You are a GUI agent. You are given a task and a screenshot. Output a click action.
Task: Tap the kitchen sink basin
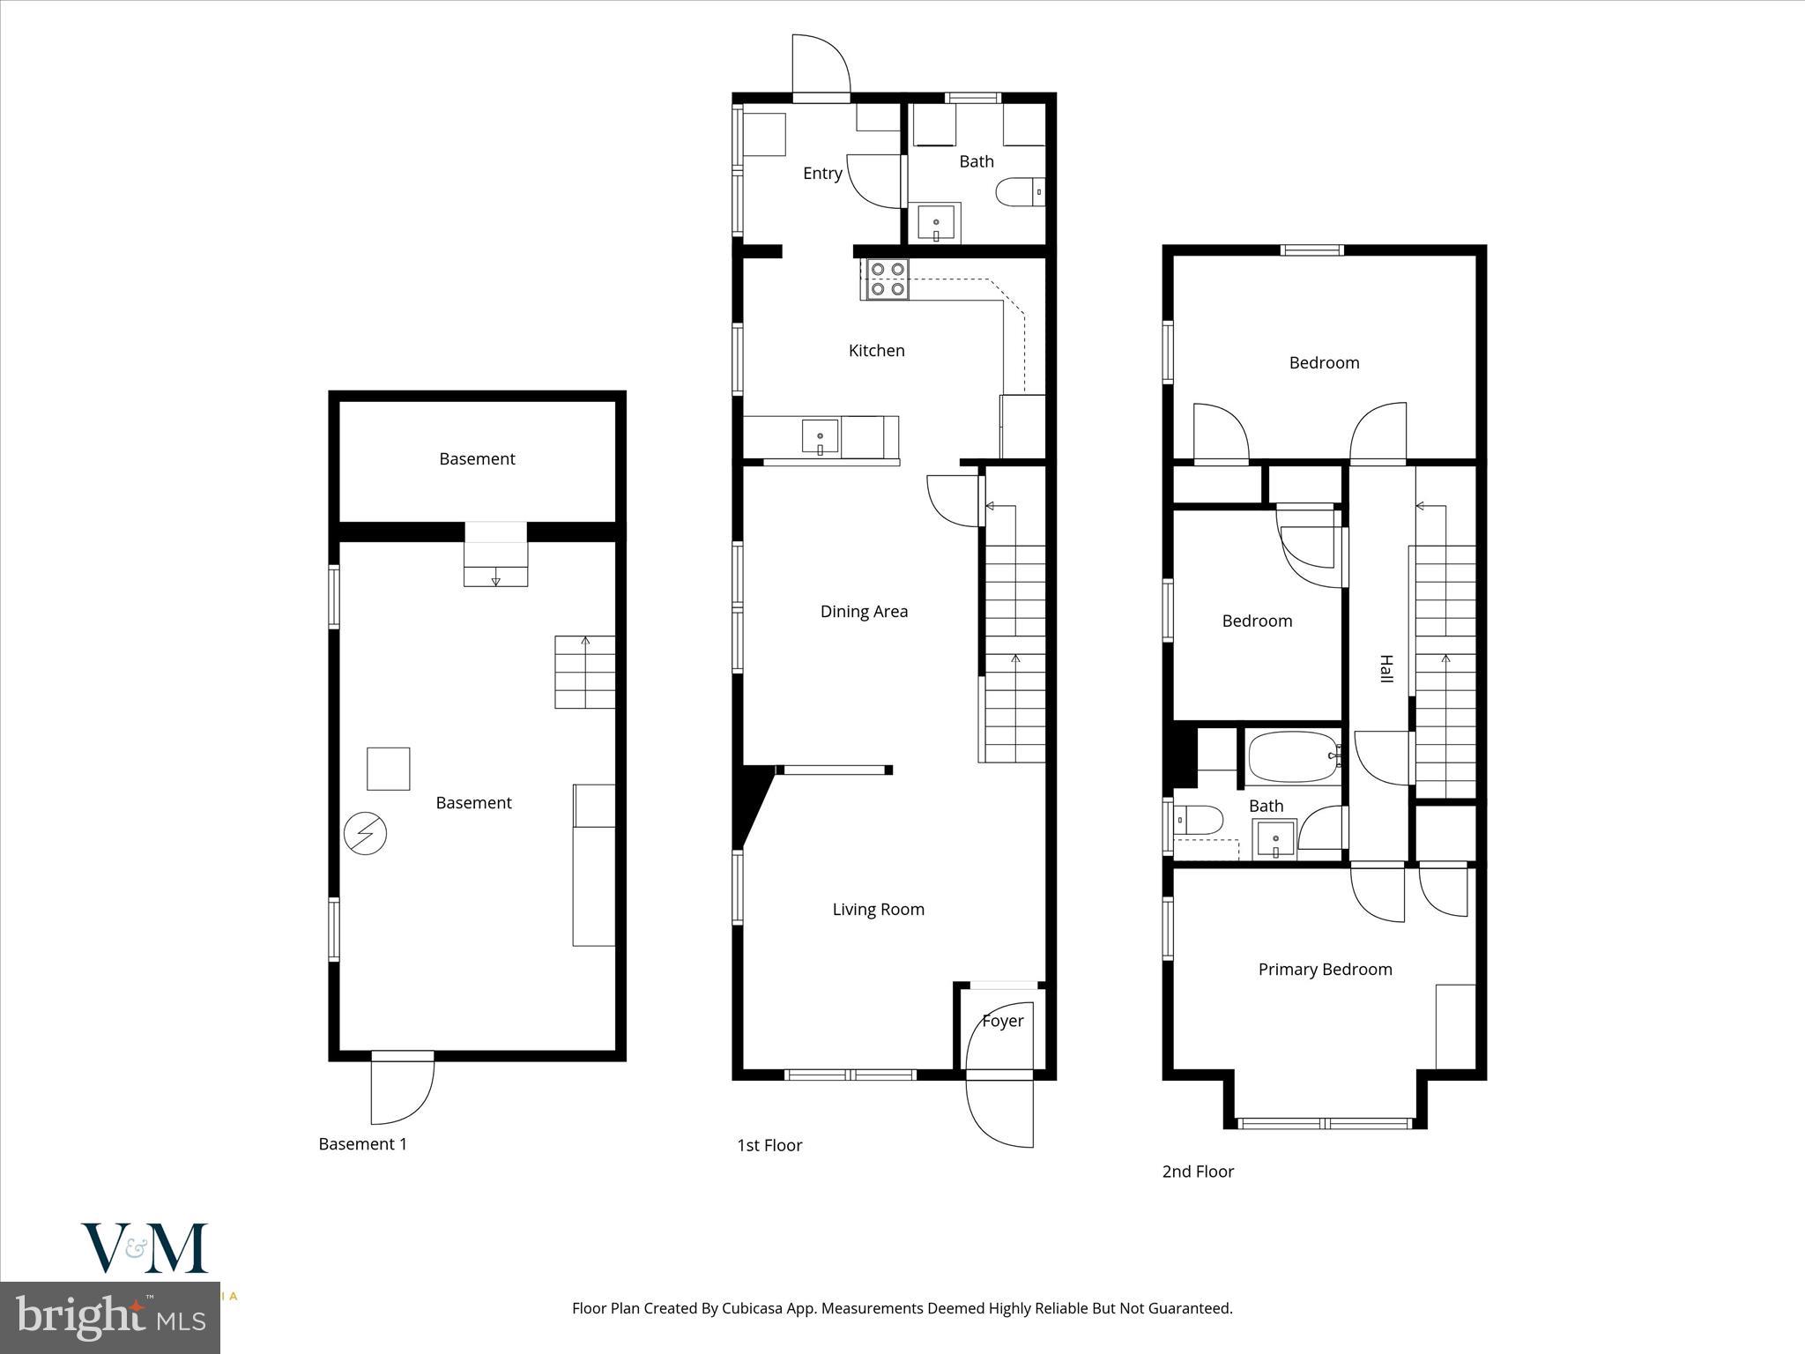[820, 437]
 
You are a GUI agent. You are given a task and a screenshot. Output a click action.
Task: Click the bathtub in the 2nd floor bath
[1293, 756]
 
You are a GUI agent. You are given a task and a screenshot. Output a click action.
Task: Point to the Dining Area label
[864, 612]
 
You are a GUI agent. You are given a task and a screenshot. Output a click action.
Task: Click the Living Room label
[878, 910]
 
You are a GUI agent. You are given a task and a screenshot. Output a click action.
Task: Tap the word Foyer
[1002, 1021]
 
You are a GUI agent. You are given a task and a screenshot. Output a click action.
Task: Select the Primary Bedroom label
[1325, 970]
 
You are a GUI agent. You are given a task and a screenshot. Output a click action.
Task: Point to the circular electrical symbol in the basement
[365, 833]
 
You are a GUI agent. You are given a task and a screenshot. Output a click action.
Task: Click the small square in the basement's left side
[388, 769]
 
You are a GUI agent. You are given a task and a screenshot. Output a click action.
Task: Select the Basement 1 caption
[362, 1144]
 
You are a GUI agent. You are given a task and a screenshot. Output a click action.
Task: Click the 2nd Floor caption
[1198, 1172]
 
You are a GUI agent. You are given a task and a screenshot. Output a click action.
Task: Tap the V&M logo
[145, 1247]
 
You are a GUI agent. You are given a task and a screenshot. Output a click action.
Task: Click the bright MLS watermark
[110, 1318]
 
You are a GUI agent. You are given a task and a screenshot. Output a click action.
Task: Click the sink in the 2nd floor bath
[1274, 839]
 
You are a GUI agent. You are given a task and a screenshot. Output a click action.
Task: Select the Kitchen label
[876, 351]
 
